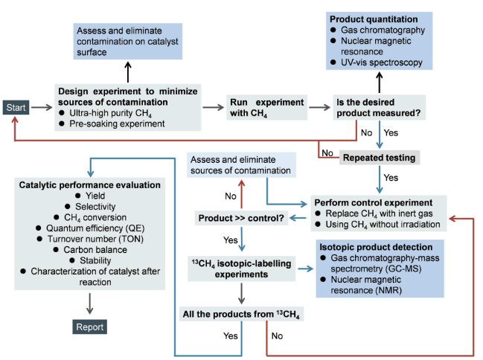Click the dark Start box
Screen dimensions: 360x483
pos(16,108)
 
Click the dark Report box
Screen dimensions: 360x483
pos(89,326)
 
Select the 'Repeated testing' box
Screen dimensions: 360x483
pos(380,158)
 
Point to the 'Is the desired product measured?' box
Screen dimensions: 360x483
pos(380,108)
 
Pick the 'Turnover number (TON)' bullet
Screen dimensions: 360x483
pos(91,240)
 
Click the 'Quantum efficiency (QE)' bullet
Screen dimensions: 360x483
pos(91,228)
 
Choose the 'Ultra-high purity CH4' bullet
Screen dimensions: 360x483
pos(119,112)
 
